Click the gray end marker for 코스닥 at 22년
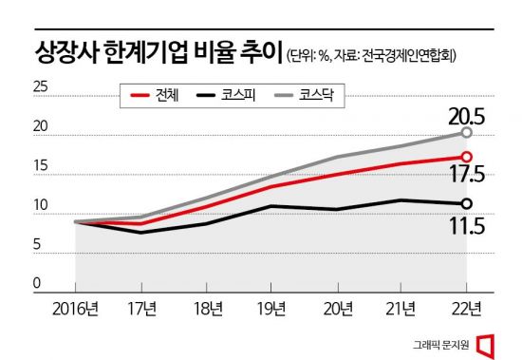466,133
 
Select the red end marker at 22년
466,157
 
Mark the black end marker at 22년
466,203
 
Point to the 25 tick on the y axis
41,87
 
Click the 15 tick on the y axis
41,166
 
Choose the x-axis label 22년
465,308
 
